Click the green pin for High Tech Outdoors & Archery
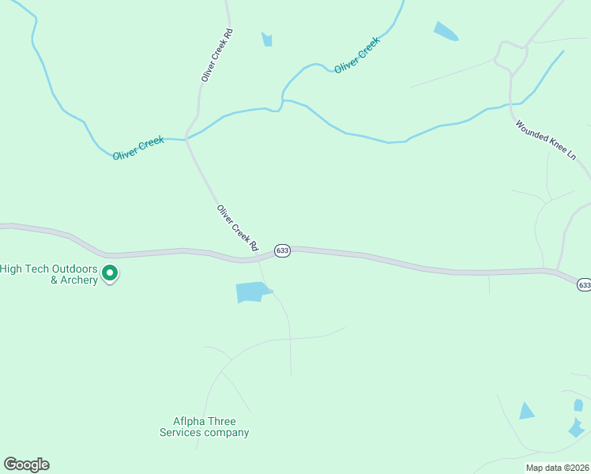[111, 273]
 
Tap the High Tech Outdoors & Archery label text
[49, 274]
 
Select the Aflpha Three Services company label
[205, 427]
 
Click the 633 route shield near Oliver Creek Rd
[282, 250]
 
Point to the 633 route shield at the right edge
[584, 284]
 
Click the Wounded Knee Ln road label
[546, 141]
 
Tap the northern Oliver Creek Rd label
[217, 55]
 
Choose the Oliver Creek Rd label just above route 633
[238, 228]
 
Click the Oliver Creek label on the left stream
[138, 148]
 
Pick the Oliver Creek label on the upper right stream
[357, 55]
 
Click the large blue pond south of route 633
[253, 292]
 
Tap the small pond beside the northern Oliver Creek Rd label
[267, 39]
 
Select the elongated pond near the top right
[446, 31]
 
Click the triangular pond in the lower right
[526, 411]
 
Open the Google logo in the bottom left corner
[26, 465]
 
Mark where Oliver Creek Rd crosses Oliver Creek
[186, 138]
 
